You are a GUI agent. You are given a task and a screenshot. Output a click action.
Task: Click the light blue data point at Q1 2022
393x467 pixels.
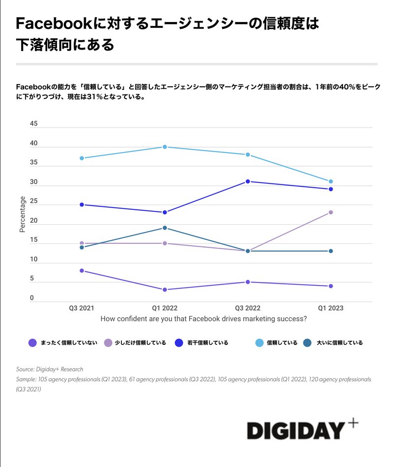[165, 147]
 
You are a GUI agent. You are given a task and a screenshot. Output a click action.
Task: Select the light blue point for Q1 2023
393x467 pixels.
[331, 182]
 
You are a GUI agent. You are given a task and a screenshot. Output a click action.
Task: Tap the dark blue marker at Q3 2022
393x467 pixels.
[248, 182]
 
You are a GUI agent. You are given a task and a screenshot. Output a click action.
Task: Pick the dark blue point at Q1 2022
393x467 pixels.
[165, 212]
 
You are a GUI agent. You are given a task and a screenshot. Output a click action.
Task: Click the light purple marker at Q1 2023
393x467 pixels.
[331, 212]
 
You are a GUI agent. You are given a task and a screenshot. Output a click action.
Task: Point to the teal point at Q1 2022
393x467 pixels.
[165, 228]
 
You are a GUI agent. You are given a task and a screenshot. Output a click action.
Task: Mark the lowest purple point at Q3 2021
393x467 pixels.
[82, 270]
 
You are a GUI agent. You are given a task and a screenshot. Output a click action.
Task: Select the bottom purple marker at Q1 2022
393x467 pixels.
[165, 289]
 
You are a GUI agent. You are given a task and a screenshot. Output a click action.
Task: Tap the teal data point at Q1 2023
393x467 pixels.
[331, 251]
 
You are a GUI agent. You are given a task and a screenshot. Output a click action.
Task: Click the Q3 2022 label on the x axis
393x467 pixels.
[248, 308]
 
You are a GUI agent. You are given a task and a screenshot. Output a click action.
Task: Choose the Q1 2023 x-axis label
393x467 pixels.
[331, 308]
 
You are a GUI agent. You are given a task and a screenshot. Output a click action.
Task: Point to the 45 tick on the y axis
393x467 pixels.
[33, 124]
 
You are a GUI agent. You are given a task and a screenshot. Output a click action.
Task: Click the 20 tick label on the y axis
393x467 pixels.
[33, 220]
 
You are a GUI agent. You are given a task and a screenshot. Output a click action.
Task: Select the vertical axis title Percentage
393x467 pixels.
[22, 214]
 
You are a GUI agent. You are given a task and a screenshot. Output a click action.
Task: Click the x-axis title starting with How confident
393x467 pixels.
[204, 319]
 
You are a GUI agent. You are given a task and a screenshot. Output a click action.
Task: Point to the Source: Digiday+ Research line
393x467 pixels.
[50, 369]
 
